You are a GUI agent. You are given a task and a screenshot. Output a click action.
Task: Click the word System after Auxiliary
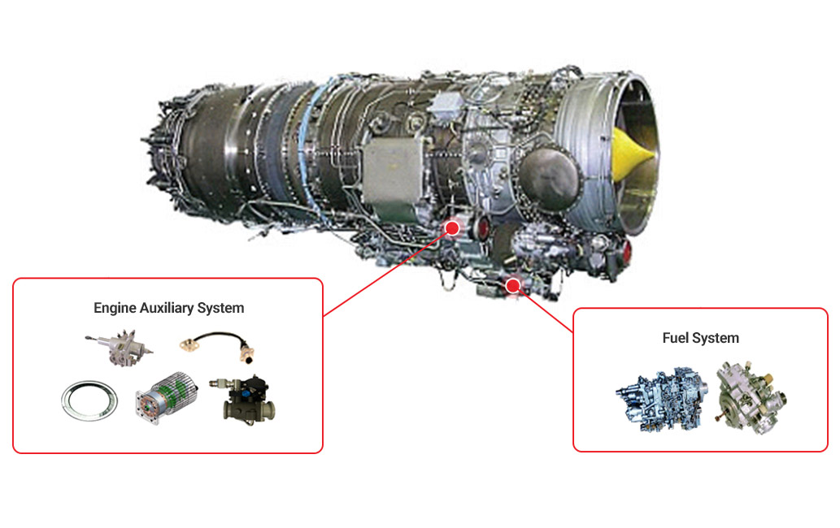[x=220, y=308]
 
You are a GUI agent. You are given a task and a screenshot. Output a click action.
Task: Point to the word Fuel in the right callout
[x=675, y=338]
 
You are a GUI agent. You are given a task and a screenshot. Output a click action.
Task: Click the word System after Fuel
[x=715, y=339]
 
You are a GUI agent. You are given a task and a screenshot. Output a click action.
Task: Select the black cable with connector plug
[x=217, y=346]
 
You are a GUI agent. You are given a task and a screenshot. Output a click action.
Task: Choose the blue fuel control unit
[x=662, y=400]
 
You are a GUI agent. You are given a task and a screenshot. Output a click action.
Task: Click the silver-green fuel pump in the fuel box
[x=751, y=397]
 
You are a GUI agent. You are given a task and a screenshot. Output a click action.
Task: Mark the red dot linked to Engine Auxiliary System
[x=453, y=228]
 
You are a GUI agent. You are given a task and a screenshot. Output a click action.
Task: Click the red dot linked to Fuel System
[x=513, y=286]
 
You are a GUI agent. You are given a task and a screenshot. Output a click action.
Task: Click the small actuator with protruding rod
[x=119, y=347]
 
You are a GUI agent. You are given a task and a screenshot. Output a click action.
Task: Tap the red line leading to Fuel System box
[x=543, y=309]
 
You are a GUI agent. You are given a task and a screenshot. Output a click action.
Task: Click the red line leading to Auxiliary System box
[x=388, y=272]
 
